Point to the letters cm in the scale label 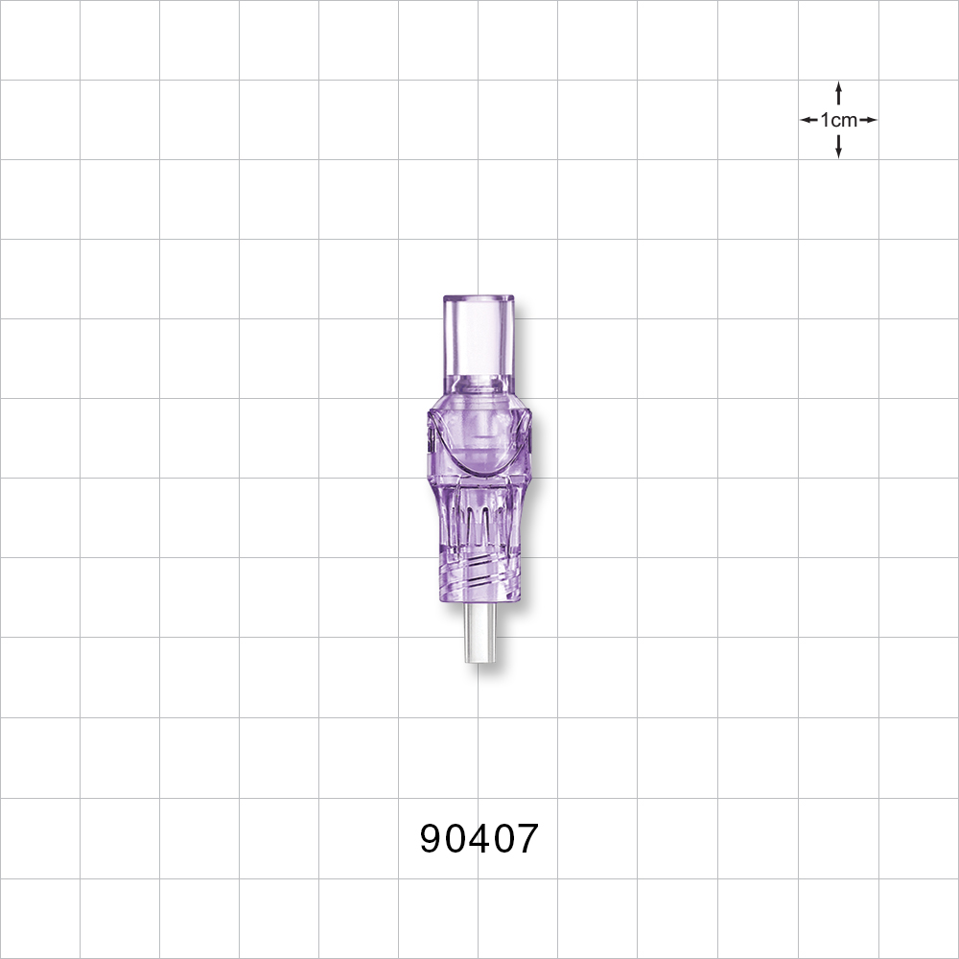844,120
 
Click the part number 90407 479,840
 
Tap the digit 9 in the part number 432,840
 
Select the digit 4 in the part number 479,840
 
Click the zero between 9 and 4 456,840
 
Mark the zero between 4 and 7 503,840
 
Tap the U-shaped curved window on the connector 479,451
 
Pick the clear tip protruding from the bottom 479,633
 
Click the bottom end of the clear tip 479,660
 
